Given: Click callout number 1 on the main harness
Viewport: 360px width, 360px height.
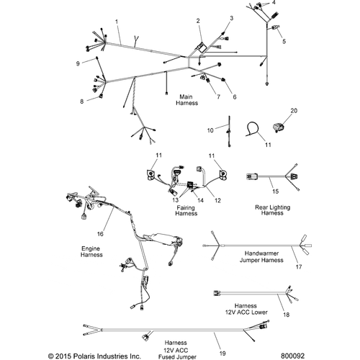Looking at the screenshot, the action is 117,22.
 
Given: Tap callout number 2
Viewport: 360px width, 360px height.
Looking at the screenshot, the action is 198,21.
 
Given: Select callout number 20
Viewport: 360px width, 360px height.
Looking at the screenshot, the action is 294,111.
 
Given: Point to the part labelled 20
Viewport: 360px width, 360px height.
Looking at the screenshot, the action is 278,127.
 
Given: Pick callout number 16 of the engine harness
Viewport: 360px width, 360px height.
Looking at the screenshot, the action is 100,234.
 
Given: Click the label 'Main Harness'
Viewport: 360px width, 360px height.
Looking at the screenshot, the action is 186,100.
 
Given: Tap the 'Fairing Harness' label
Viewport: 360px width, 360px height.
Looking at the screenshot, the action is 186,210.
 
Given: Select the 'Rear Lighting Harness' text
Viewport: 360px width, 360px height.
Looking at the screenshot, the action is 272,210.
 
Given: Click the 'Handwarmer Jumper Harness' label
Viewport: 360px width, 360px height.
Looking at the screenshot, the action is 261,256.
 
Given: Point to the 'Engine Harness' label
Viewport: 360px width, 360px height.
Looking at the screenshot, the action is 91,251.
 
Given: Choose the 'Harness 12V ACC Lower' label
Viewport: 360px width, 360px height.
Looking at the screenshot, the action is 246,309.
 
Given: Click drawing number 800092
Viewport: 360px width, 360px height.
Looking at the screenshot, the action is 292,356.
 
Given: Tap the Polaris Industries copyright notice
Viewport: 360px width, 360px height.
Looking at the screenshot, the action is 94,356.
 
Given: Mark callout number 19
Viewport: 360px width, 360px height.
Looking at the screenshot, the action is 222,354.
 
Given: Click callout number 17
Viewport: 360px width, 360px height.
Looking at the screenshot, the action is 299,266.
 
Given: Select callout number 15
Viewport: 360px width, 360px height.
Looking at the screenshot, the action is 276,192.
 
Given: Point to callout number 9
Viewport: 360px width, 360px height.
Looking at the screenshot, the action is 78,63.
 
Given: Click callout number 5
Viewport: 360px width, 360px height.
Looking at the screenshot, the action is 284,41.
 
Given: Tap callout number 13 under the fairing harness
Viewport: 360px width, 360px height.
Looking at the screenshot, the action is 176,199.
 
